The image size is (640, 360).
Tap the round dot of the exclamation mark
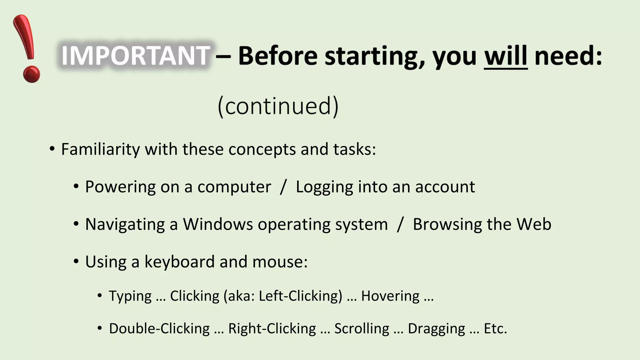[31, 74]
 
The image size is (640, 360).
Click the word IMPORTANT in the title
[135, 56]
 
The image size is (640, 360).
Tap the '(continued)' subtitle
[278, 106]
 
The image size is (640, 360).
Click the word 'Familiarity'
[100, 149]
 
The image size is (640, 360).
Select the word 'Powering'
[120, 187]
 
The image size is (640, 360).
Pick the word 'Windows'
[218, 224]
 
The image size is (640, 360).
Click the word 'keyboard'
[179, 262]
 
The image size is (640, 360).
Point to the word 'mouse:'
[280, 262]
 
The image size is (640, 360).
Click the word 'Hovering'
[390, 296]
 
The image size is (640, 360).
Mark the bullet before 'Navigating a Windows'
[76, 224]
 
